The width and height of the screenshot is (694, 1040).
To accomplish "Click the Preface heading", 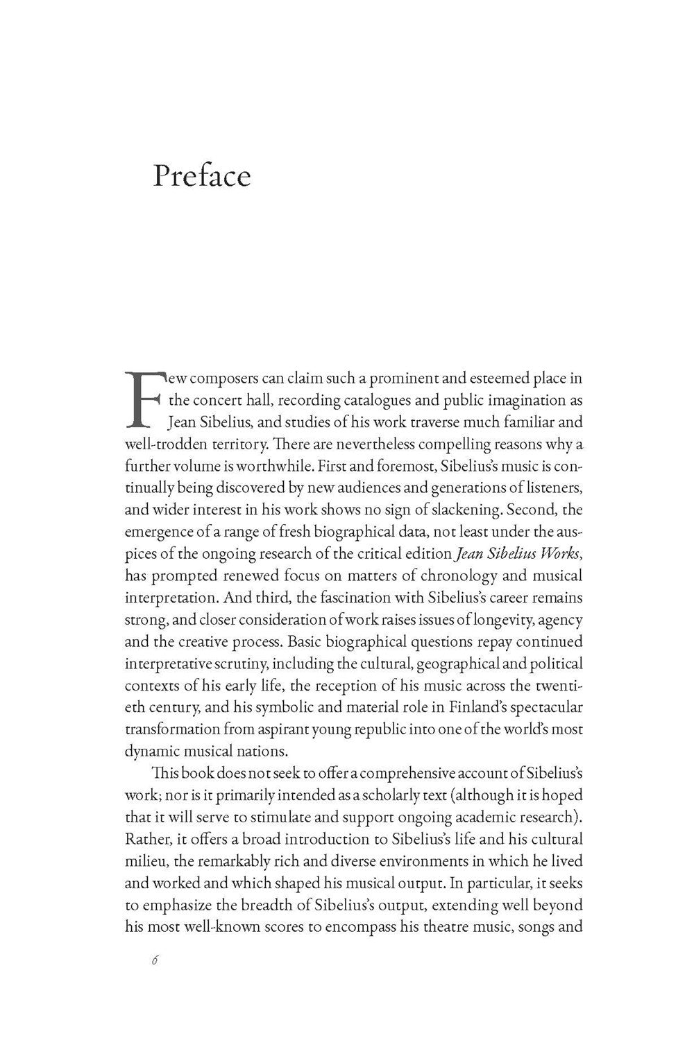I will point(201,176).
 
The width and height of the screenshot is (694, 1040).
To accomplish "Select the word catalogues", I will point(367,400).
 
